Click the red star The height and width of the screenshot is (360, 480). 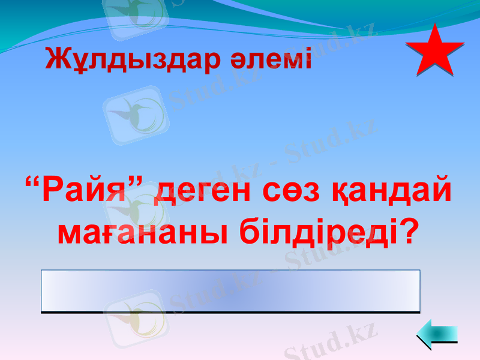tap(434, 51)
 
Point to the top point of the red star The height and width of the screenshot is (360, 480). tap(434, 25)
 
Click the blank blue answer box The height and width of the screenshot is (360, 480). tap(230, 291)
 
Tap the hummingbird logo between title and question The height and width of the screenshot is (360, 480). tap(136, 114)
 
